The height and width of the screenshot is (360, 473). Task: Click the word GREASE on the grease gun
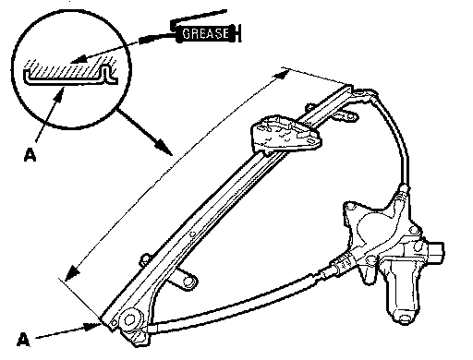pos(205,33)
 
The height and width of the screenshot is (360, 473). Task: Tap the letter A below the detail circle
pos(30,155)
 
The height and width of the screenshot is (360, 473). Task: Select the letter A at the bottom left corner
pos(23,340)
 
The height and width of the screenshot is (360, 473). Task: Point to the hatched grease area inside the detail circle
pos(67,68)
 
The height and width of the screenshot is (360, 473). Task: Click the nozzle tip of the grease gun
pos(140,41)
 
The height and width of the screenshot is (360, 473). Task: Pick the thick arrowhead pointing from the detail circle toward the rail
pos(164,147)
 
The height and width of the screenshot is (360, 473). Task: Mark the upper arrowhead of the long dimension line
pos(282,75)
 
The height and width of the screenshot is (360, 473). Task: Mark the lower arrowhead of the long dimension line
pos(72,274)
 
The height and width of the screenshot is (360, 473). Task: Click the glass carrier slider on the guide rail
pos(285,134)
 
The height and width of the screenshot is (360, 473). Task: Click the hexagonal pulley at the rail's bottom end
pos(132,320)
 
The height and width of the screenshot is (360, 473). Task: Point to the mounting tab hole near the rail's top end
pos(350,116)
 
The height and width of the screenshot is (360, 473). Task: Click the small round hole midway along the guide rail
pos(192,234)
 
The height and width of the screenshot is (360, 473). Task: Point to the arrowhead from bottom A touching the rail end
pos(93,326)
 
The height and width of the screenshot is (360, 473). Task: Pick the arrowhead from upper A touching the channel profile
pos(59,93)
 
